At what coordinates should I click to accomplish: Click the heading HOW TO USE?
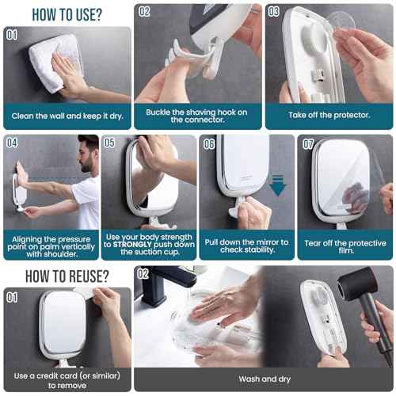67,13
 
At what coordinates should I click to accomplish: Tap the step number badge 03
274,12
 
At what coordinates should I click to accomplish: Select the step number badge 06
209,144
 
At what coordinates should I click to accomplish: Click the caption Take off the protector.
329,115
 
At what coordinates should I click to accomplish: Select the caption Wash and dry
263,379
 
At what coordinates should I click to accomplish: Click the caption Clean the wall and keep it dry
67,116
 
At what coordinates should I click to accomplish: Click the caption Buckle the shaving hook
196,116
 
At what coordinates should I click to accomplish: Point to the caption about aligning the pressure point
51,244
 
